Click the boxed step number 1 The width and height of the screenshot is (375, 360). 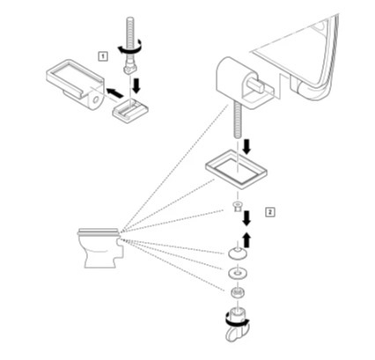[103, 56]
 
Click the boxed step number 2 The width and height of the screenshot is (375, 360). [270, 212]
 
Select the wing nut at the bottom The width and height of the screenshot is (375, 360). [237, 325]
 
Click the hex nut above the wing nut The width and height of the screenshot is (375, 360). [238, 292]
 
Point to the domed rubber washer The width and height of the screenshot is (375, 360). [237, 253]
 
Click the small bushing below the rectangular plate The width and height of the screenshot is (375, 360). [237, 206]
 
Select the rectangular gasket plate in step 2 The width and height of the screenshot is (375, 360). [237, 169]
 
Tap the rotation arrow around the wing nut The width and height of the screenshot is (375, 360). [237, 322]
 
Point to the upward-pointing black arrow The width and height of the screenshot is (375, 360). [247, 239]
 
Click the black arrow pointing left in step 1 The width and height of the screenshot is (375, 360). [114, 93]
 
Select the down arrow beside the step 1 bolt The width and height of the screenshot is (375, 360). [136, 85]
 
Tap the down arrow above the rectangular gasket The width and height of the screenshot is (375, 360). [246, 146]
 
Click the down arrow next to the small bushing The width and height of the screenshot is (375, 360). [246, 218]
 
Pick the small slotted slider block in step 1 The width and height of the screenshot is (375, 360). [130, 111]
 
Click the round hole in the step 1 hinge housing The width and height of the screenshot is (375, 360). [95, 100]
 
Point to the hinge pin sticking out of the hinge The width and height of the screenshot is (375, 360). [256, 84]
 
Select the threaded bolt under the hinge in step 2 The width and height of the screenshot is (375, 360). [238, 121]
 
